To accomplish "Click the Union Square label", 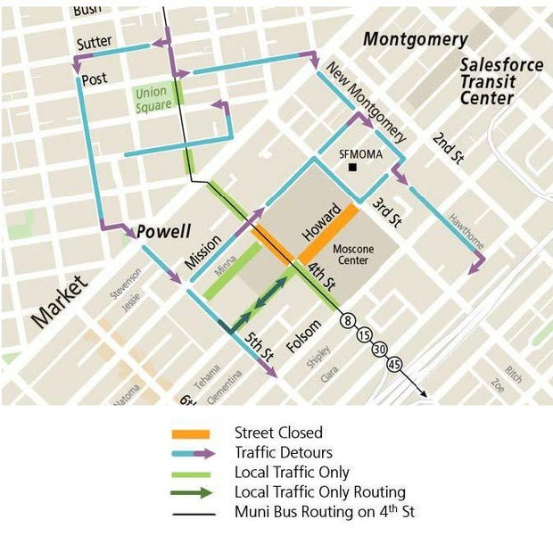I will coord(153,98).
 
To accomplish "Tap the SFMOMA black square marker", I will coord(353,167).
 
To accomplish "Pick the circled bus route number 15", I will coord(365,336).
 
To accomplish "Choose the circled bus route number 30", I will coord(379,350).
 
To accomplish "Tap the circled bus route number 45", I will coord(394,365).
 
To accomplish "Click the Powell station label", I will coord(164,231).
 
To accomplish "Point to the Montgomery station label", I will coord(415,39).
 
